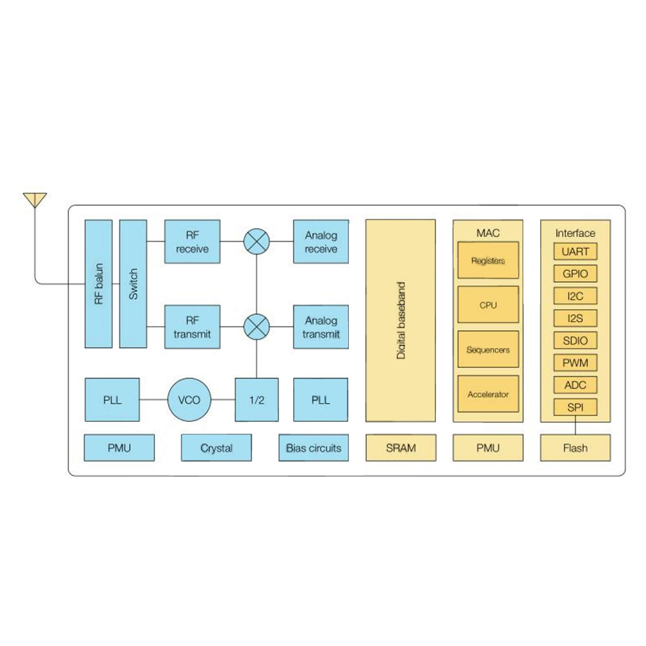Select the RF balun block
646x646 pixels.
click(98, 284)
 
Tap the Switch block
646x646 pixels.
click(134, 284)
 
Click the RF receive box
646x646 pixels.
click(192, 242)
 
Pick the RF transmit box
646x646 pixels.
click(192, 327)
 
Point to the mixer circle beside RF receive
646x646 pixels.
click(256, 242)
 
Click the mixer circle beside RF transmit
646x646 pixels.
click(256, 327)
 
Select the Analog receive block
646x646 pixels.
click(321, 242)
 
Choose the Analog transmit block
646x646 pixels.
click(321, 327)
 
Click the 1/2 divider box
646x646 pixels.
click(256, 400)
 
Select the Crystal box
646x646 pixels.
click(216, 448)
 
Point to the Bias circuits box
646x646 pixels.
click(313, 448)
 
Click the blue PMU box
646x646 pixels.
click(120, 448)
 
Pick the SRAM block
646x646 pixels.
click(401, 448)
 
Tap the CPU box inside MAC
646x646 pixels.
click(488, 305)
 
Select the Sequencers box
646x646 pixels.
click(488, 349)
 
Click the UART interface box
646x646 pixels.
click(575, 251)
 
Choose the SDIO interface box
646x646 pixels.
click(575, 340)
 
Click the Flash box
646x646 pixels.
click(575, 448)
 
